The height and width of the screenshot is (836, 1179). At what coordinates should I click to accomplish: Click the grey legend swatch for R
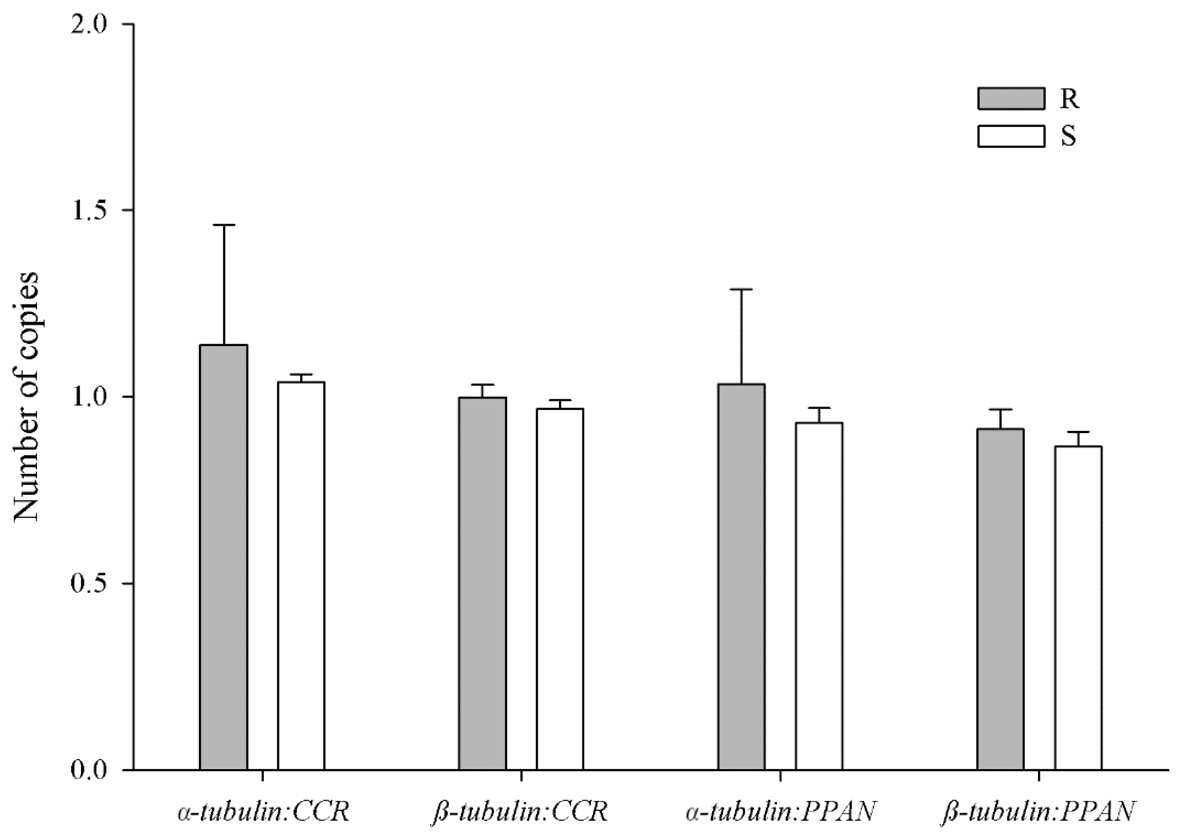1011,98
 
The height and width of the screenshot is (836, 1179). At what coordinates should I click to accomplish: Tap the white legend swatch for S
1011,136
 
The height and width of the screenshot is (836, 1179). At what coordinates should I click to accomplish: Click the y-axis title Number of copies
26,396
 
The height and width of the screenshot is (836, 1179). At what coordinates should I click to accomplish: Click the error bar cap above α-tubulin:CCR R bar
224,225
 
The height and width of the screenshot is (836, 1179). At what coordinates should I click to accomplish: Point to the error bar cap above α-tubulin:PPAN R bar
742,289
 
